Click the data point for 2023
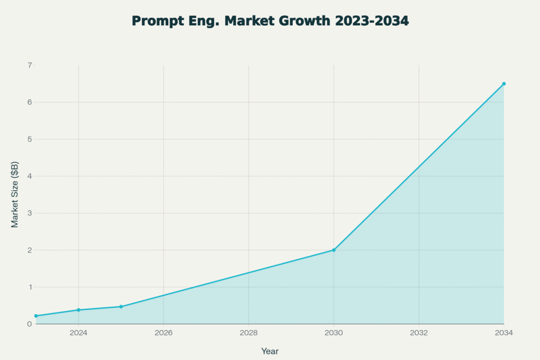pos(36,316)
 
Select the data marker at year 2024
pos(79,310)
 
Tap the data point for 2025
pos(121,307)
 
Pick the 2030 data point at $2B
pos(333,250)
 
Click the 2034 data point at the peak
pos(504,84)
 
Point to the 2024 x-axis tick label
pos(79,333)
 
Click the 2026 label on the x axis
pos(163,333)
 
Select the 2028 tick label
pos(248,333)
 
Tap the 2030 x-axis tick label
pos(333,333)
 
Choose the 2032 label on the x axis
pos(419,333)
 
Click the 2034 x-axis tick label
pos(504,333)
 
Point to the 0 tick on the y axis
pos(30,324)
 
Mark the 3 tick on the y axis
pos(30,213)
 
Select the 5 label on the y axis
pos(30,139)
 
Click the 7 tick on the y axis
pos(30,65)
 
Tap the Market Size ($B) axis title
pos(15,194)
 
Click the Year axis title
pos(269,351)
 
